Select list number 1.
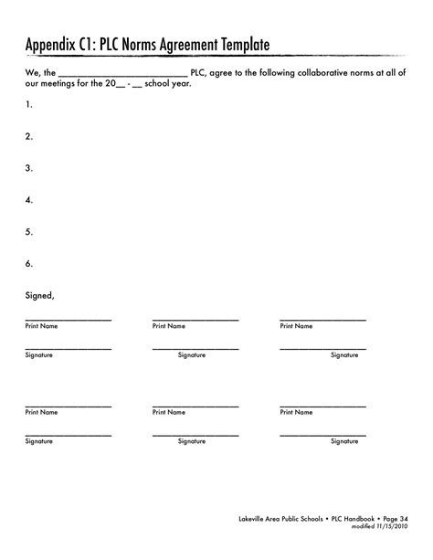point(29,105)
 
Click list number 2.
point(29,136)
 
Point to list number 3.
point(29,168)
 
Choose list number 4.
point(29,200)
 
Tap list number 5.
point(29,232)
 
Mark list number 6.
point(29,264)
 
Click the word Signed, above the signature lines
point(40,295)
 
